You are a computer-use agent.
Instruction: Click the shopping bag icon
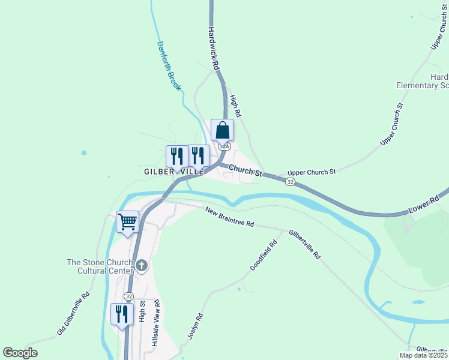coord(222,130)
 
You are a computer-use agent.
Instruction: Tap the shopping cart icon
coord(128,221)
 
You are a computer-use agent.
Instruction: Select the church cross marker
coord(142,265)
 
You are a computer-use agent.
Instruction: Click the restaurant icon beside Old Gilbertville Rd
coord(122,314)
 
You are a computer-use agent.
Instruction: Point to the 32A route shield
coord(224,146)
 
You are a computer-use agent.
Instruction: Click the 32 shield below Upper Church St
coord(291,181)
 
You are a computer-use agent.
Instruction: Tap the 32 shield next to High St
coord(128,296)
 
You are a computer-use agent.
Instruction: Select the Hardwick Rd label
coord(213,46)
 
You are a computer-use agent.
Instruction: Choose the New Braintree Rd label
coord(229,217)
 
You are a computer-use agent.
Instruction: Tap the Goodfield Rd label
coord(264,255)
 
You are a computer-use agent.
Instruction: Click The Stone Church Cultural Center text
coord(99,266)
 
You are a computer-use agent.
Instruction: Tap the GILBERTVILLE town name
coord(174,172)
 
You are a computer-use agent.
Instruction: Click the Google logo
coord(20,353)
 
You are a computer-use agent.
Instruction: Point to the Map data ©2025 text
coord(423,355)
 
